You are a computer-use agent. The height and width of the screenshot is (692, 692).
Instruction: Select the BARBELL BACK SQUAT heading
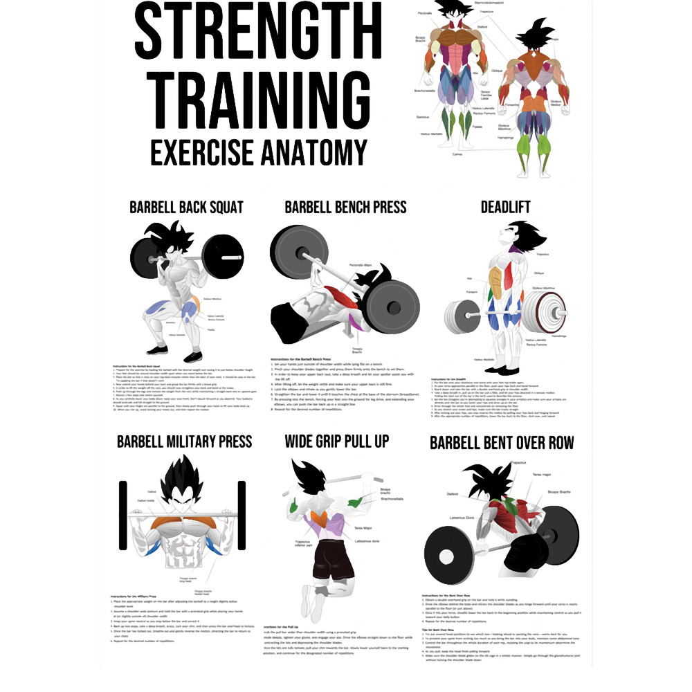point(186,208)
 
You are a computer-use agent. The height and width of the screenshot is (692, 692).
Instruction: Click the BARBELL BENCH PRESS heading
point(345,208)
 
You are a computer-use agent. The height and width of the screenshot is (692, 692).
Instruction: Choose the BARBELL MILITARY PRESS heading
point(184,441)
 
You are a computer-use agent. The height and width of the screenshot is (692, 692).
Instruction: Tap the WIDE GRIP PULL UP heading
point(337,441)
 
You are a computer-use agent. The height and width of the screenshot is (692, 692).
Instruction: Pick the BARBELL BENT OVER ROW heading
point(502,442)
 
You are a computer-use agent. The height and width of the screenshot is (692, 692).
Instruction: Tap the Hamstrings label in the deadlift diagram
point(559,335)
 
